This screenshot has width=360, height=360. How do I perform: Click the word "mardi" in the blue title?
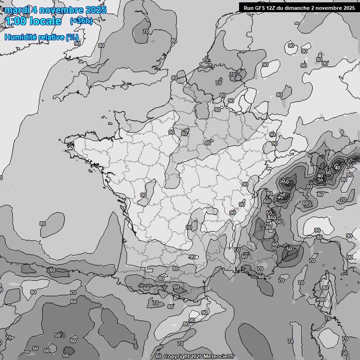point(17,10)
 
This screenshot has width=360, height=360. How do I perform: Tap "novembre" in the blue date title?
point(58,10)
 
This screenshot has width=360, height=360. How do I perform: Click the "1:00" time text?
point(15,22)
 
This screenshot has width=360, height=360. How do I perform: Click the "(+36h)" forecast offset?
point(81,21)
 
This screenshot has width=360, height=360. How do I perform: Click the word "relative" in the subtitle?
point(52,37)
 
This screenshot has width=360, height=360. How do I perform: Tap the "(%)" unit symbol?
point(72,37)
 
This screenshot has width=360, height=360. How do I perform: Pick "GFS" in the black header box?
point(262,7)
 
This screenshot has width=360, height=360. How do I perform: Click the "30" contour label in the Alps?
point(320,180)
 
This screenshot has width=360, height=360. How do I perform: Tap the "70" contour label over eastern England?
point(146,31)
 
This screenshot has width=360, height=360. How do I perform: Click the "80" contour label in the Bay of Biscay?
point(43,224)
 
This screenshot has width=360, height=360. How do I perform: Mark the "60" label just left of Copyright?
point(158,356)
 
